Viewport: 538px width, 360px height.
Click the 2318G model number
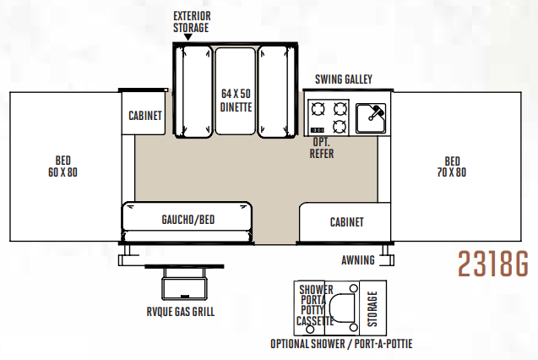[493, 264]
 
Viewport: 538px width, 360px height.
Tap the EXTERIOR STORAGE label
[192, 22]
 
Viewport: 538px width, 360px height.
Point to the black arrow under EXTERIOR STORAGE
[187, 37]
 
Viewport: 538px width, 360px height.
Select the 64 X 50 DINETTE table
[236, 91]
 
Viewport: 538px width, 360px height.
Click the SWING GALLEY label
[344, 79]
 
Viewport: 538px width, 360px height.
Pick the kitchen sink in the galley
[371, 118]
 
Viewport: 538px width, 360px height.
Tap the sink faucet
[377, 112]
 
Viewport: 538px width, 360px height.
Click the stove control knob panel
[317, 130]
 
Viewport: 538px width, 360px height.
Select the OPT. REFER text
[322, 148]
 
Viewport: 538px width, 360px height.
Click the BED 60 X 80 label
[62, 166]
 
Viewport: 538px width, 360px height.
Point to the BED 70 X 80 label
[452, 166]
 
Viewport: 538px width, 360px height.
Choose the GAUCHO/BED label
[188, 220]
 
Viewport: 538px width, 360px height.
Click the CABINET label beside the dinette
[144, 116]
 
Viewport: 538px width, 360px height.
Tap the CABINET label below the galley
[346, 222]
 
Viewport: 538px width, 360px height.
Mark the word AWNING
[358, 260]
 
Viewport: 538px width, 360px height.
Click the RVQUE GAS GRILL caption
[181, 312]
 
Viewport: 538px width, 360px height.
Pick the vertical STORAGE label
[372, 308]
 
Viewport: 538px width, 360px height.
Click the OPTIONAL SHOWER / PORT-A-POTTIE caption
[341, 344]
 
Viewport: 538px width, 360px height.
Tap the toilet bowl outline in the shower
[342, 308]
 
